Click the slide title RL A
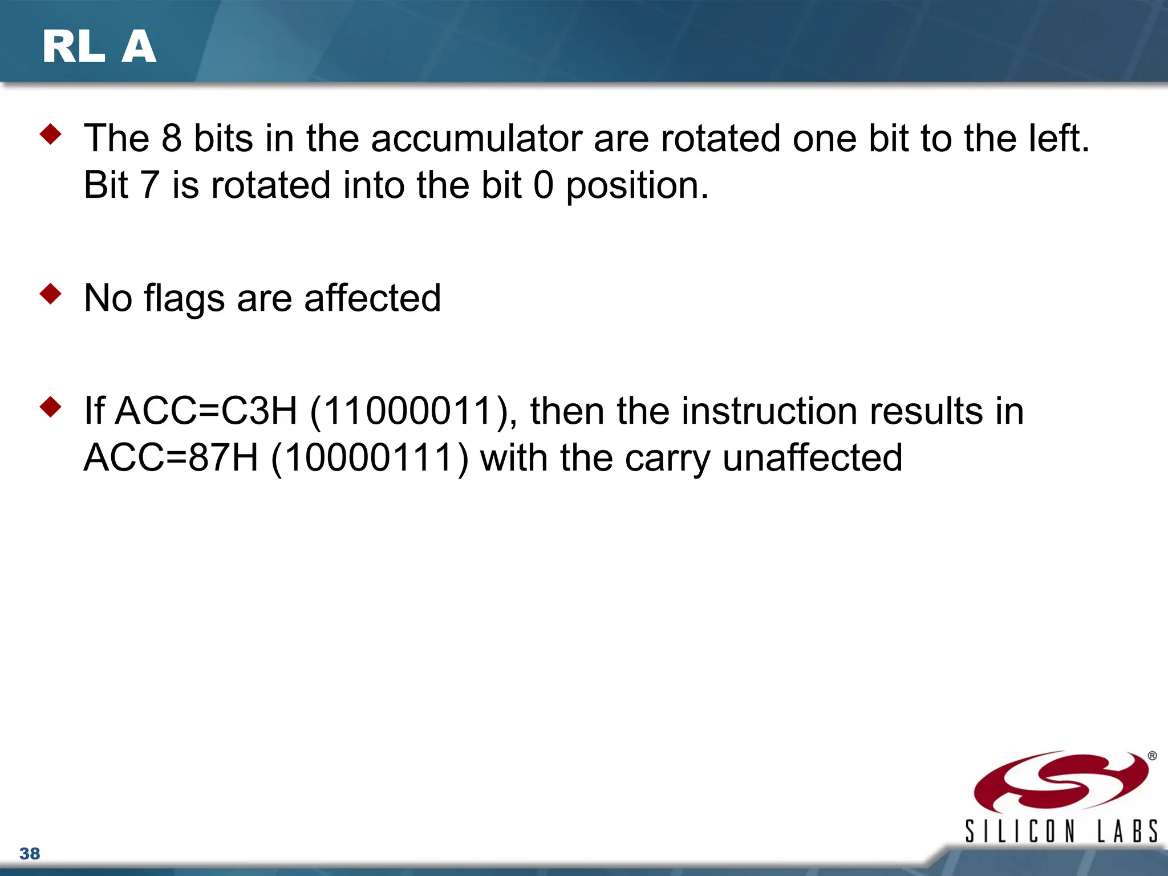[99, 47]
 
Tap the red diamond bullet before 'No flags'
[51, 294]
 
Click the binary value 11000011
[409, 411]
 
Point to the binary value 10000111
[369, 458]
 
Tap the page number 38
[30, 854]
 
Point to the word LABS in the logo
[1128, 831]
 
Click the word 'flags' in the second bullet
[184, 299]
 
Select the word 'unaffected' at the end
[812, 458]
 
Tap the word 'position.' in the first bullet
[637, 186]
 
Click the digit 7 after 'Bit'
[149, 186]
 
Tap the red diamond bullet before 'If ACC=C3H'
[51, 407]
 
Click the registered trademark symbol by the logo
[1152, 756]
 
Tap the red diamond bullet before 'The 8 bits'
[51, 135]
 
